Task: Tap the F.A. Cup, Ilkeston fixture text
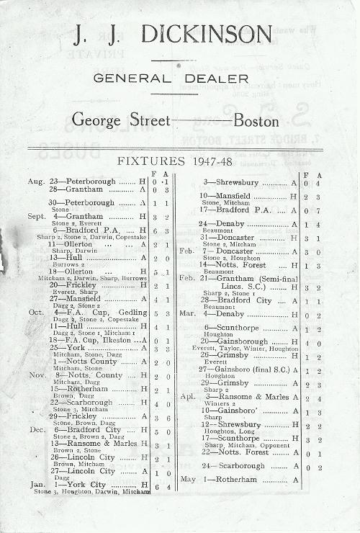(x=100, y=340)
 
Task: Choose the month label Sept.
(x=37, y=216)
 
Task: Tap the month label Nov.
(x=37, y=375)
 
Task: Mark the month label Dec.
(x=37, y=430)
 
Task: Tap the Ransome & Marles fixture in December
(x=94, y=444)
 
